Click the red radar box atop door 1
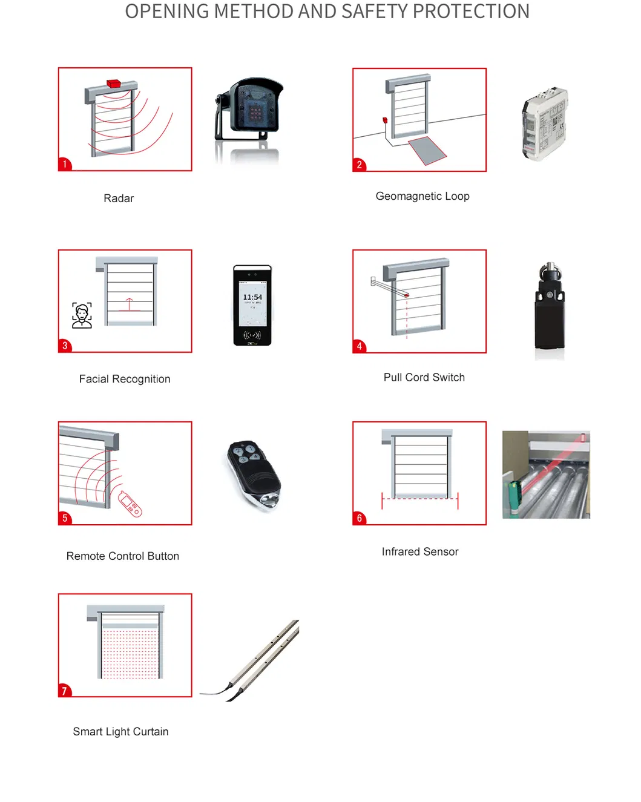(x=114, y=83)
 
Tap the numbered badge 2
(x=359, y=165)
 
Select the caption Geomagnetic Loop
(x=422, y=196)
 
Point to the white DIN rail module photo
(x=545, y=123)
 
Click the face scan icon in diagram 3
(x=82, y=315)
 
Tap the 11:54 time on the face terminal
(x=252, y=297)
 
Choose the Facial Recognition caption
(x=125, y=379)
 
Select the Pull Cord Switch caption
(x=424, y=377)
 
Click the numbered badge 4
(x=359, y=346)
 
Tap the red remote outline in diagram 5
(x=130, y=504)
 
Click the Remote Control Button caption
(x=123, y=556)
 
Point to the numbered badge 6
(x=359, y=518)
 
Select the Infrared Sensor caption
(x=420, y=551)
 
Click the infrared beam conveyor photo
(x=546, y=475)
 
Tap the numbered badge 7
(x=64, y=691)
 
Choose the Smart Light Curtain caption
(x=120, y=731)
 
